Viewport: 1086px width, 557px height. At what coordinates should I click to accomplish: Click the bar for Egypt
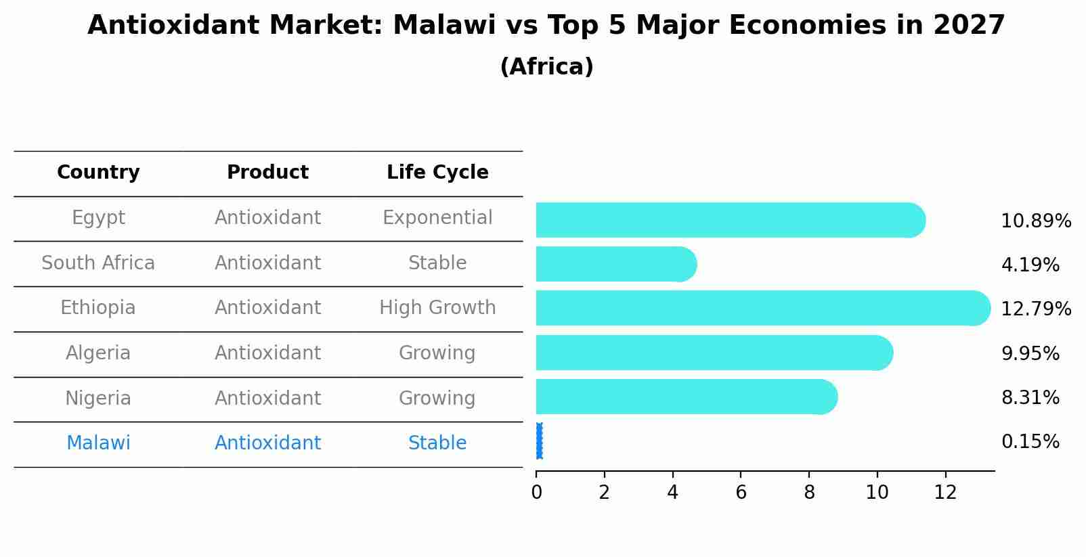click(x=730, y=220)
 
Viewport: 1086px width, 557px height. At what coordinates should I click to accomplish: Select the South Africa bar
click(x=615, y=264)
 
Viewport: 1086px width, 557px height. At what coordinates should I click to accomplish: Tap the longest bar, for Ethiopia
click(x=762, y=308)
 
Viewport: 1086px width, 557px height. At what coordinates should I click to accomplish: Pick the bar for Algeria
click(x=714, y=353)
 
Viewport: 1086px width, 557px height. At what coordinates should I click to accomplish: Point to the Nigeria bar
click(x=686, y=397)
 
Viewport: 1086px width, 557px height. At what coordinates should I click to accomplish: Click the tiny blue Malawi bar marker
click(x=539, y=441)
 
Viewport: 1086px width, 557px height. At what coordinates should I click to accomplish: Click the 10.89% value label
click(x=1035, y=221)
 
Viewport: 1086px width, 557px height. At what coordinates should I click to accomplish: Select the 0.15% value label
click(x=1030, y=442)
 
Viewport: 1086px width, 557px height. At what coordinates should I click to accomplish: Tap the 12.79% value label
click(x=1035, y=309)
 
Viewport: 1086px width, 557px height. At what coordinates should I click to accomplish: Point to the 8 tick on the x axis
click(x=809, y=493)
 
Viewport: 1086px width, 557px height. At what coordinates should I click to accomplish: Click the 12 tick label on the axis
click(x=945, y=493)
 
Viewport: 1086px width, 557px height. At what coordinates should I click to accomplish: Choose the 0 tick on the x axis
click(x=536, y=493)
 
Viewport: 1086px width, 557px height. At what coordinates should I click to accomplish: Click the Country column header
click(x=98, y=173)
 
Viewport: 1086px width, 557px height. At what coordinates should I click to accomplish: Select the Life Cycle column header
click(x=437, y=173)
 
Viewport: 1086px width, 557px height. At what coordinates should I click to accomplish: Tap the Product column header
click(x=267, y=173)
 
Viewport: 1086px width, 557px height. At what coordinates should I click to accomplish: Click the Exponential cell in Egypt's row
click(x=437, y=218)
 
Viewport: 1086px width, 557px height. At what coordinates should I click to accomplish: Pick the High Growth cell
click(x=437, y=308)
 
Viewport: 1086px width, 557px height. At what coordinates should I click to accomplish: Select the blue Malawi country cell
click(x=98, y=443)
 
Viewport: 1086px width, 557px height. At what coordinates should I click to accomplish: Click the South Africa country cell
click(x=98, y=263)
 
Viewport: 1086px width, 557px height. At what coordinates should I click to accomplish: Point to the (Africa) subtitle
click(x=546, y=67)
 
